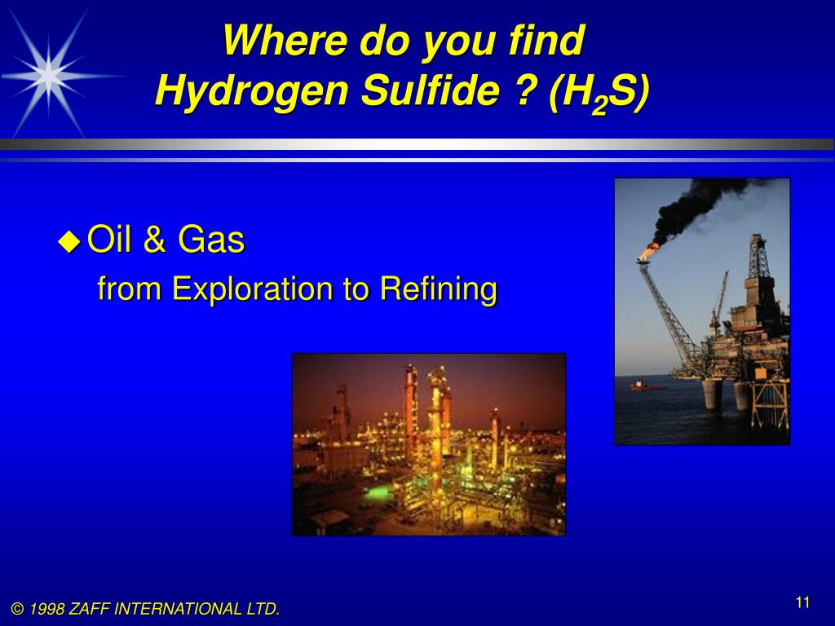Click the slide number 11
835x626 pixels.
802,602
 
